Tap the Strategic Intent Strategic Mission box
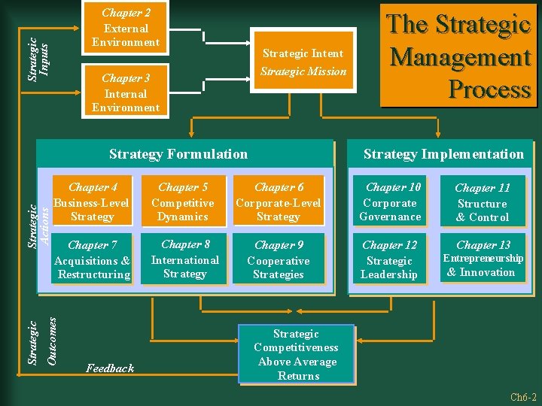coord(303,62)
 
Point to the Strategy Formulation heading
coord(178,154)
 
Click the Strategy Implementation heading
coord(443,154)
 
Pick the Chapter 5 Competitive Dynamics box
coord(183,201)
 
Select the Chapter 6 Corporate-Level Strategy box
coord(279,201)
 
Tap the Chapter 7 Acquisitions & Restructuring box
coord(92,260)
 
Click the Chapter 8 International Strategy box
coord(184,259)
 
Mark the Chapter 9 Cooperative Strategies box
coord(279,260)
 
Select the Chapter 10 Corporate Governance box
coord(390,202)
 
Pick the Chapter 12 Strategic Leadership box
coord(389,260)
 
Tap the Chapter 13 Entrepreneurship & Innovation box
coord(483,259)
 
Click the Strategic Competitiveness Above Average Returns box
coord(297,354)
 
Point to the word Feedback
coord(110,368)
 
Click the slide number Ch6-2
coord(522,397)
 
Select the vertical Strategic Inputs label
coord(38,56)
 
